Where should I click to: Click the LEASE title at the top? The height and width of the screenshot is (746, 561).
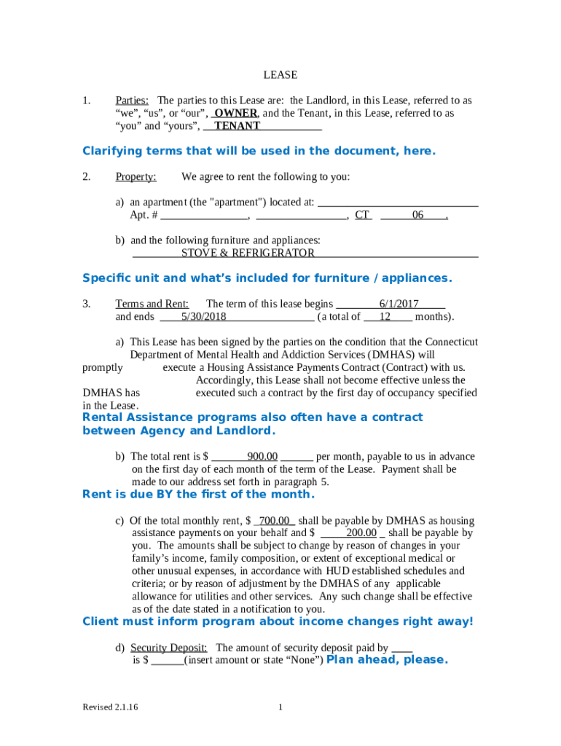tap(280, 75)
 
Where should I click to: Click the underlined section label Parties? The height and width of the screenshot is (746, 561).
tap(133, 101)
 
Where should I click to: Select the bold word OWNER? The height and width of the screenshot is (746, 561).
tap(235, 114)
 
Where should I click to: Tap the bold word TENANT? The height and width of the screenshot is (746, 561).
tap(237, 126)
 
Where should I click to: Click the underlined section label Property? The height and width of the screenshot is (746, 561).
tap(136, 177)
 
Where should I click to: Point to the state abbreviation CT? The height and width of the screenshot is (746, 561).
tap(362, 215)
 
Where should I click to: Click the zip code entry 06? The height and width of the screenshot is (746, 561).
tap(417, 215)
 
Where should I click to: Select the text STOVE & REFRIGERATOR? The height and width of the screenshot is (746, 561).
tap(248, 253)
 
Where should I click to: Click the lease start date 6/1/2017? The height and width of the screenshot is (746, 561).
tap(399, 304)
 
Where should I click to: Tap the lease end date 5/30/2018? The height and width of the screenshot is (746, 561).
tap(204, 317)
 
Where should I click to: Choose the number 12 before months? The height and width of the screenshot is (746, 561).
tap(385, 317)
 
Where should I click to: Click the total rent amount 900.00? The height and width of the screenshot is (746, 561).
tap(262, 457)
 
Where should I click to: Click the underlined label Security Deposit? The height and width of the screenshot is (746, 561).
tap(169, 648)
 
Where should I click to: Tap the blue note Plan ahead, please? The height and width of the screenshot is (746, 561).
tap(387, 660)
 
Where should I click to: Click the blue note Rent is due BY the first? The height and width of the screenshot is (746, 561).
tap(198, 495)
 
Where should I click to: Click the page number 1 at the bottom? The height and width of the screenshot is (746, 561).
tap(280, 707)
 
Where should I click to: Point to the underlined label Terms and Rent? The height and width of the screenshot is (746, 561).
tap(152, 304)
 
